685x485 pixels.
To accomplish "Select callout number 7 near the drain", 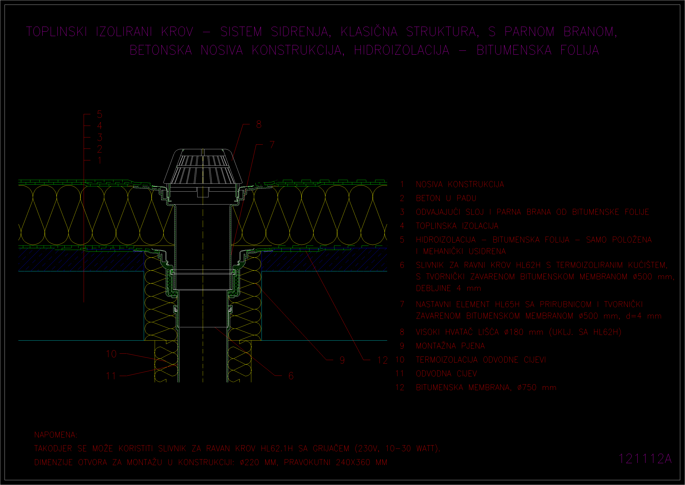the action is click(272, 145).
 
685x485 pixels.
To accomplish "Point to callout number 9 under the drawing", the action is click(342, 360).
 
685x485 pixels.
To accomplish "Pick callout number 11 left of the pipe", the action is click(111, 376).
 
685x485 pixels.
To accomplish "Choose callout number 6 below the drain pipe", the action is click(291, 376).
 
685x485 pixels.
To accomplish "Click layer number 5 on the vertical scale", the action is click(100, 114).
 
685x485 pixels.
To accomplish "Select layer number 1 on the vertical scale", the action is click(100, 160).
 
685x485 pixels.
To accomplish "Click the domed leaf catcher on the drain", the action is click(203, 166).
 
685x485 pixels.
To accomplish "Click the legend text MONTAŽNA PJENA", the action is click(450, 346).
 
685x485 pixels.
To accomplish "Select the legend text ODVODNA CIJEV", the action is click(446, 374).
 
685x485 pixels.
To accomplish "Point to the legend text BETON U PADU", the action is click(446, 198).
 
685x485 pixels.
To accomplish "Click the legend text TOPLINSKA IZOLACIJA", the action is click(457, 226).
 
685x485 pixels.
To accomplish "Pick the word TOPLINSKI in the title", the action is click(56, 32).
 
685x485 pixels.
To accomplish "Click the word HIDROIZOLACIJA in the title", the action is click(402, 50).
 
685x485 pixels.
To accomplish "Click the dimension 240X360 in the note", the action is click(353, 462).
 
